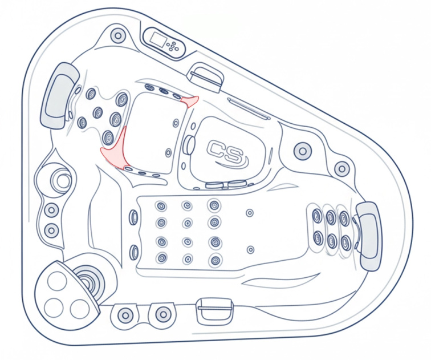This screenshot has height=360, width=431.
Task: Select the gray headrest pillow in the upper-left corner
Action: [x=59, y=95]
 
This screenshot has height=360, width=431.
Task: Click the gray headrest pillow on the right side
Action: [x=369, y=236]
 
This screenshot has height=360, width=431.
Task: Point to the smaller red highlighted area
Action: [x=190, y=101]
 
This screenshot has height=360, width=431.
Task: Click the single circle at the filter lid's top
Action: [x=58, y=281]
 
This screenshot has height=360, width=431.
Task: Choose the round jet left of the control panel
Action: [x=118, y=36]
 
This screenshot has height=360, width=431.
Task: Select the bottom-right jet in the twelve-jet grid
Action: [x=214, y=261]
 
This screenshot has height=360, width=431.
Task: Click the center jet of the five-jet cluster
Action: [x=97, y=113]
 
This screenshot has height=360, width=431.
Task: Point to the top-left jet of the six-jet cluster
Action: [x=317, y=216]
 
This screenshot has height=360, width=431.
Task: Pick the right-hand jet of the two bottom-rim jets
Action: [x=164, y=314]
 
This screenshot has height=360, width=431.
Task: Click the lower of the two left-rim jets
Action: [x=52, y=230]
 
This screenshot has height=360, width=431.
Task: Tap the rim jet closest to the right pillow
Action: [x=341, y=169]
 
